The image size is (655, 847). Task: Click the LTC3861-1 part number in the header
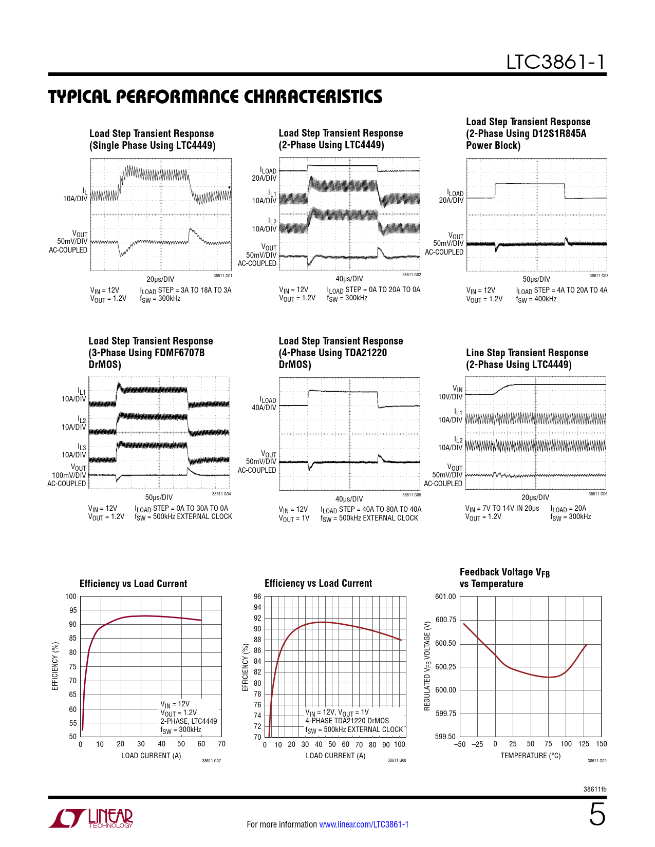(x=555, y=62)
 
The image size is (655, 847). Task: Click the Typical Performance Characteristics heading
(x=215, y=97)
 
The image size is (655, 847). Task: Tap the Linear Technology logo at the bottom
(x=91, y=818)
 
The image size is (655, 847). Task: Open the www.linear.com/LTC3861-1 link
(x=364, y=824)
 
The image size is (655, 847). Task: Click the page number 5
(x=597, y=815)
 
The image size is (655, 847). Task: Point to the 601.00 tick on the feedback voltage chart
(x=445, y=596)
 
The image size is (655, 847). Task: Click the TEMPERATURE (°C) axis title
(x=530, y=756)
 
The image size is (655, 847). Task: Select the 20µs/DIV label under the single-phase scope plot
(x=160, y=280)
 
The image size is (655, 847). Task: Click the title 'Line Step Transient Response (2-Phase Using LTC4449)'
(x=527, y=359)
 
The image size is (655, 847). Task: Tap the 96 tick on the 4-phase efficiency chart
(x=257, y=596)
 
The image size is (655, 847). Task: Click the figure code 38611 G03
(x=598, y=276)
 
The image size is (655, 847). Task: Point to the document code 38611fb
(x=595, y=789)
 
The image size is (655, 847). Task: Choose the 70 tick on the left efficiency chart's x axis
(x=221, y=744)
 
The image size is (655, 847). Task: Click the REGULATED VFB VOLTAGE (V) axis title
(x=427, y=666)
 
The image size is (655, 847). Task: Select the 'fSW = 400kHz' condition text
(x=536, y=299)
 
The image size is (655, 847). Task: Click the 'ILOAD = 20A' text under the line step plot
(x=568, y=509)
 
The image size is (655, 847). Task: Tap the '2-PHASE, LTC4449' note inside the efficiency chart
(x=189, y=721)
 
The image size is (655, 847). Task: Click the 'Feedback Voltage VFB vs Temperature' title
(x=504, y=578)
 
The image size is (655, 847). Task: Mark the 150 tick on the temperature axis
(x=601, y=744)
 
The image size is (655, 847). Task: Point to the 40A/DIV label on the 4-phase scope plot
(x=264, y=408)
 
